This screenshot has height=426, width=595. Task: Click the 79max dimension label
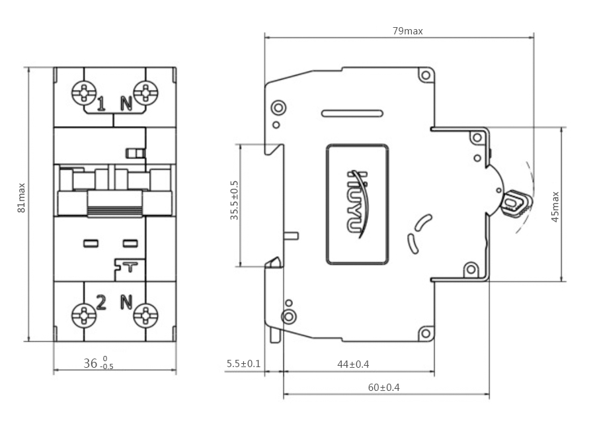pyautogui.click(x=407, y=31)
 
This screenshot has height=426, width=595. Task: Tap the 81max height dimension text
pyautogui.click(x=22, y=198)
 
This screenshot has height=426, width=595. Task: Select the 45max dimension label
pyautogui.click(x=555, y=207)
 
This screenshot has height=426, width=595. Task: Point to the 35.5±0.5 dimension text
pyautogui.click(x=235, y=200)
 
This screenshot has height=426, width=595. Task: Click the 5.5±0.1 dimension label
pyautogui.click(x=243, y=364)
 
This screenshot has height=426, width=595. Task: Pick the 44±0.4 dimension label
pyautogui.click(x=353, y=364)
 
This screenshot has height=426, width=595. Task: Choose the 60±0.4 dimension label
pyautogui.click(x=384, y=388)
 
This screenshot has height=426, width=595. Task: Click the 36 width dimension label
pyautogui.click(x=99, y=363)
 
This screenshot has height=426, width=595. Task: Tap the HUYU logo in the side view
pyautogui.click(x=358, y=204)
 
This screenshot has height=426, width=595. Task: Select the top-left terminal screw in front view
pyautogui.click(x=84, y=92)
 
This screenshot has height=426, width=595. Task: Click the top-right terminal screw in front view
pyautogui.click(x=145, y=92)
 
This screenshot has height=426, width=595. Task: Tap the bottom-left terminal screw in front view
pyautogui.click(x=84, y=315)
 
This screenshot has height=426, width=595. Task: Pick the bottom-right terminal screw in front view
pyautogui.click(x=145, y=315)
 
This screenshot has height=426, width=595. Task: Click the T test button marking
pyautogui.click(x=130, y=267)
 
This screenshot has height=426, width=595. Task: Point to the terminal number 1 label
pyautogui.click(x=101, y=104)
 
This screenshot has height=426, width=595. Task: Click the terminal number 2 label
pyautogui.click(x=101, y=302)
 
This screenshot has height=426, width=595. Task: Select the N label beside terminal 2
pyautogui.click(x=126, y=302)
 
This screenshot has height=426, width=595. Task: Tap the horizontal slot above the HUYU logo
pyautogui.click(x=352, y=113)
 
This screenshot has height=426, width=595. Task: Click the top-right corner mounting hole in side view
pyautogui.click(x=426, y=75)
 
